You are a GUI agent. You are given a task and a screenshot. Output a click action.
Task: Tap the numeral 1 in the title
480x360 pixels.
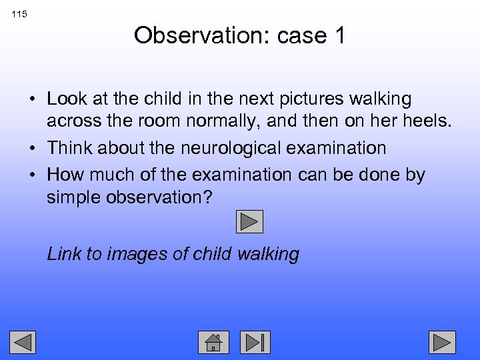click(339, 35)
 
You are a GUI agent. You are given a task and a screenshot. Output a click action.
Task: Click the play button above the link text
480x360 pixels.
click(250, 221)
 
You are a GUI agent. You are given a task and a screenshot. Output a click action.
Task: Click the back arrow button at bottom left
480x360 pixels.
click(23, 342)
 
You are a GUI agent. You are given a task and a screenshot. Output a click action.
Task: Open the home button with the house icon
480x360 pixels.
click(213, 342)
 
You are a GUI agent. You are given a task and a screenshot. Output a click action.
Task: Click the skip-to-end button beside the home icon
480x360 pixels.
click(255, 342)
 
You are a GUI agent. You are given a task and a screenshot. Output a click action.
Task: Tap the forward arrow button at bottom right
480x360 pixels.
click(442, 342)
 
